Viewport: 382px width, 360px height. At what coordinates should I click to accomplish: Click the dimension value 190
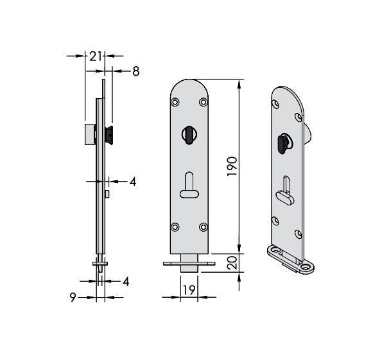[232, 167]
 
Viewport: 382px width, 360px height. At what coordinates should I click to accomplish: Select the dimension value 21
[95, 56]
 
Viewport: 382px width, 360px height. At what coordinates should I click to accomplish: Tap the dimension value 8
[135, 71]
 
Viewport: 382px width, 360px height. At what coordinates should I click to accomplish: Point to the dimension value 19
[189, 290]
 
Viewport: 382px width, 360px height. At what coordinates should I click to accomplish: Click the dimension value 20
[232, 262]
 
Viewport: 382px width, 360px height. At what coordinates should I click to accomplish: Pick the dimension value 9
[73, 297]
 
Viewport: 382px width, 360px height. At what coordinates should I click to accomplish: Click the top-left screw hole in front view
[175, 102]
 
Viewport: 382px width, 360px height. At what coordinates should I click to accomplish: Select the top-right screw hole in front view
[203, 102]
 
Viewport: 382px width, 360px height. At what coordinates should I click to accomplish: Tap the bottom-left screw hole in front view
[175, 227]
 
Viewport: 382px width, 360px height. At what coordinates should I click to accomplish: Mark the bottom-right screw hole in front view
[203, 227]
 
